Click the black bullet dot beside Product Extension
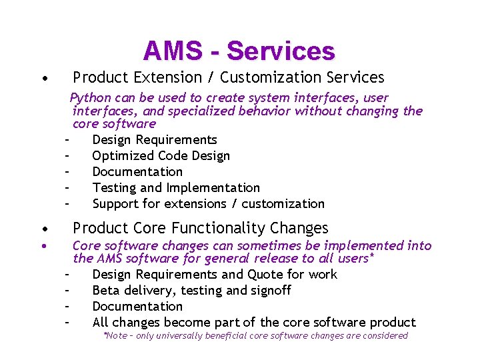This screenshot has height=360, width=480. click(43, 79)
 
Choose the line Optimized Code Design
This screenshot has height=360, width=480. click(161, 156)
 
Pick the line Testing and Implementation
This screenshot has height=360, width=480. click(176, 188)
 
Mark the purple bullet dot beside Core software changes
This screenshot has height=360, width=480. click(43, 247)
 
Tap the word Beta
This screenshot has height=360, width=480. click(105, 291)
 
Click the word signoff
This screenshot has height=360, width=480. click(269, 291)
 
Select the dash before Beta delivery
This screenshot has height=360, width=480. click(67, 291)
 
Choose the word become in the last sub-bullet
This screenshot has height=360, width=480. click(186, 323)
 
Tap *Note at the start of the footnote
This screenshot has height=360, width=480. click(115, 336)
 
